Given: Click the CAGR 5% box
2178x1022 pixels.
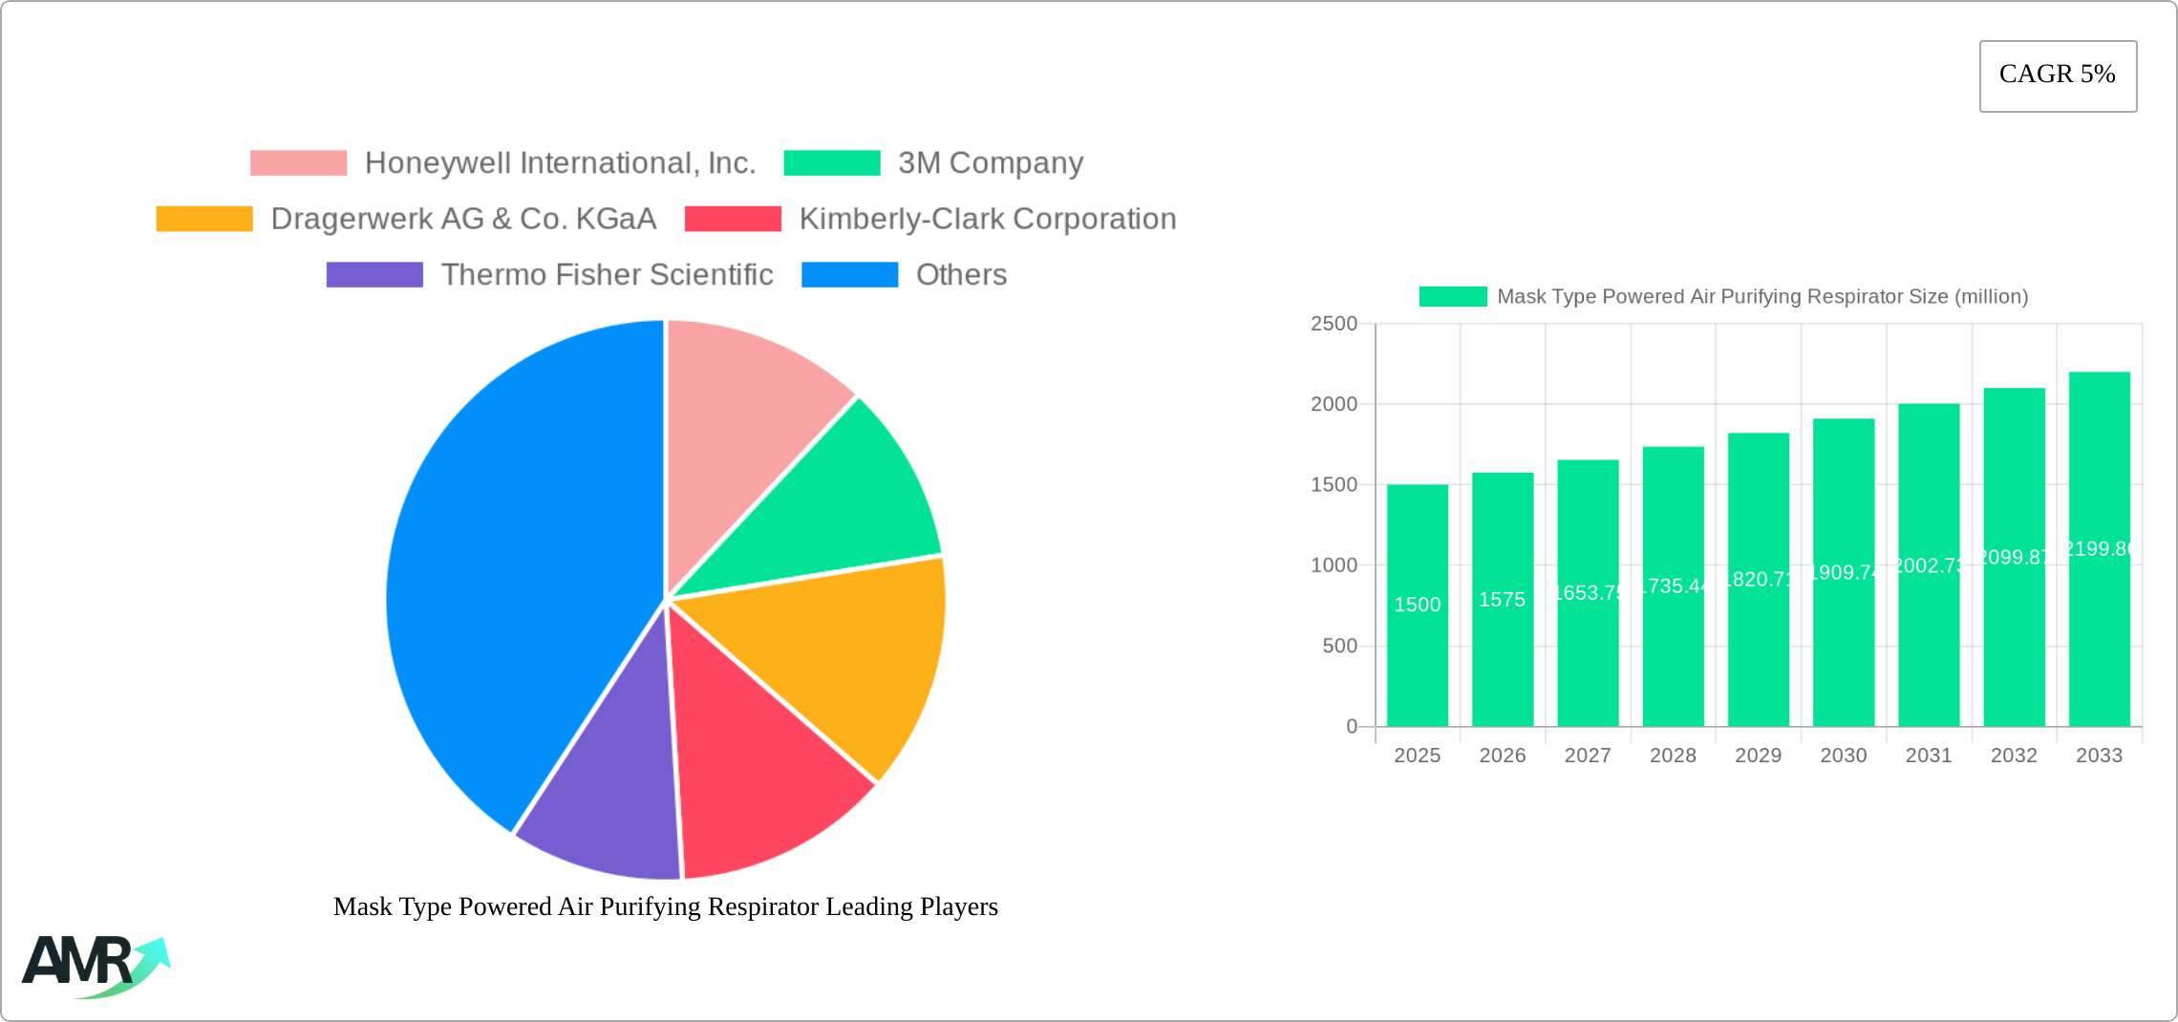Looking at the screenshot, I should coord(2058,75).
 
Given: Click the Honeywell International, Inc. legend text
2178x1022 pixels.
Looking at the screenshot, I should coord(560,163).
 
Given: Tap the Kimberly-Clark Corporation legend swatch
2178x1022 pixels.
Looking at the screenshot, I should coord(733,219).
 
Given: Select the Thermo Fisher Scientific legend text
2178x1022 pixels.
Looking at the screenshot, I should coord(607,275).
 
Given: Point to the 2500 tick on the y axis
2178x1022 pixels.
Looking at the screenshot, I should coord(1334,324).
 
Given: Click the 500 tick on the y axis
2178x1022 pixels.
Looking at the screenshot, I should coord(1339,647).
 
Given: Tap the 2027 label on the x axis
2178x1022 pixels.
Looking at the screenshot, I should coord(1588,756).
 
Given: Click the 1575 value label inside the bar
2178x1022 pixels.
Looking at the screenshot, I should coord(1502,600).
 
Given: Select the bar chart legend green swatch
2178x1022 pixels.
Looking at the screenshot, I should coord(1452,297).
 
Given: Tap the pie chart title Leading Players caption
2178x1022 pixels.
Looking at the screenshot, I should coord(665,906).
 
